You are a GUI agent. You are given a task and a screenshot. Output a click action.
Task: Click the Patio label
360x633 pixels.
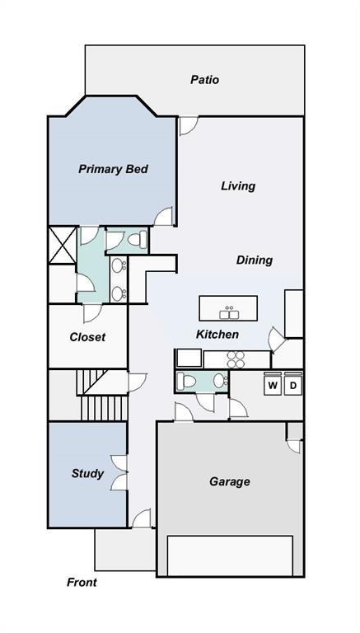pyautogui.click(x=204, y=79)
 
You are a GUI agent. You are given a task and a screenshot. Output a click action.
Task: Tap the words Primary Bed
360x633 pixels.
pyautogui.click(x=113, y=169)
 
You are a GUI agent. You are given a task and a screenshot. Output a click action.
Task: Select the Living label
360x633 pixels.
pyautogui.click(x=238, y=185)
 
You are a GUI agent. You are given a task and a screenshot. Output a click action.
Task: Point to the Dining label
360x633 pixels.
pyautogui.click(x=255, y=260)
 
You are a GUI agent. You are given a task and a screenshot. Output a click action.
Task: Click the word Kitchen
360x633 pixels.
pyautogui.click(x=217, y=335)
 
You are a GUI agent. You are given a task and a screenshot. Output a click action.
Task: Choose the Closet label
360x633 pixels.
pyautogui.click(x=87, y=337)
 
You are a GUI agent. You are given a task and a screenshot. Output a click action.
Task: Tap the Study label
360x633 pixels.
pyautogui.click(x=87, y=474)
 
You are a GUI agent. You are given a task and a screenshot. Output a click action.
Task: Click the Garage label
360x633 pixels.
pyautogui.click(x=230, y=481)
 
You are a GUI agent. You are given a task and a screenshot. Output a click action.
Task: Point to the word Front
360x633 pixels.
pyautogui.click(x=82, y=582)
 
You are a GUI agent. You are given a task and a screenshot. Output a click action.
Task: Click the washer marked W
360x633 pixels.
pyautogui.click(x=273, y=386)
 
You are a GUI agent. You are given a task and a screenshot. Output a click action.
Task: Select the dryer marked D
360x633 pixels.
pyautogui.click(x=293, y=386)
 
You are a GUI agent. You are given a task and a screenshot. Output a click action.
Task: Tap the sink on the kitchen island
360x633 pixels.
pyautogui.click(x=229, y=313)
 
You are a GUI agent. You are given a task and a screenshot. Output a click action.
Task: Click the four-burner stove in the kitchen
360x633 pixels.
pyautogui.click(x=236, y=359)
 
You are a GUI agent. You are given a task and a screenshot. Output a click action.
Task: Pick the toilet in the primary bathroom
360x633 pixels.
pyautogui.click(x=138, y=240)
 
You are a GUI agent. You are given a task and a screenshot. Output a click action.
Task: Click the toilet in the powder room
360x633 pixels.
pyautogui.click(x=186, y=381)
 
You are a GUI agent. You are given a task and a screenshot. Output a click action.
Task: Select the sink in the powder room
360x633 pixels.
pyautogui.click(x=220, y=380)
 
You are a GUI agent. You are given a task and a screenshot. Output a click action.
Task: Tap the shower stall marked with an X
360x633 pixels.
pyautogui.click(x=63, y=246)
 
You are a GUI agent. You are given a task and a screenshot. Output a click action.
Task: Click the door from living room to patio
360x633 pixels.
pyautogui.click(x=189, y=125)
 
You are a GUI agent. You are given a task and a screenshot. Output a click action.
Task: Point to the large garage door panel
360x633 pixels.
pyautogui.click(x=230, y=556)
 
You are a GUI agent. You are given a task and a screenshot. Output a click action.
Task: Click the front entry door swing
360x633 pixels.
pyautogui.click(x=142, y=518)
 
